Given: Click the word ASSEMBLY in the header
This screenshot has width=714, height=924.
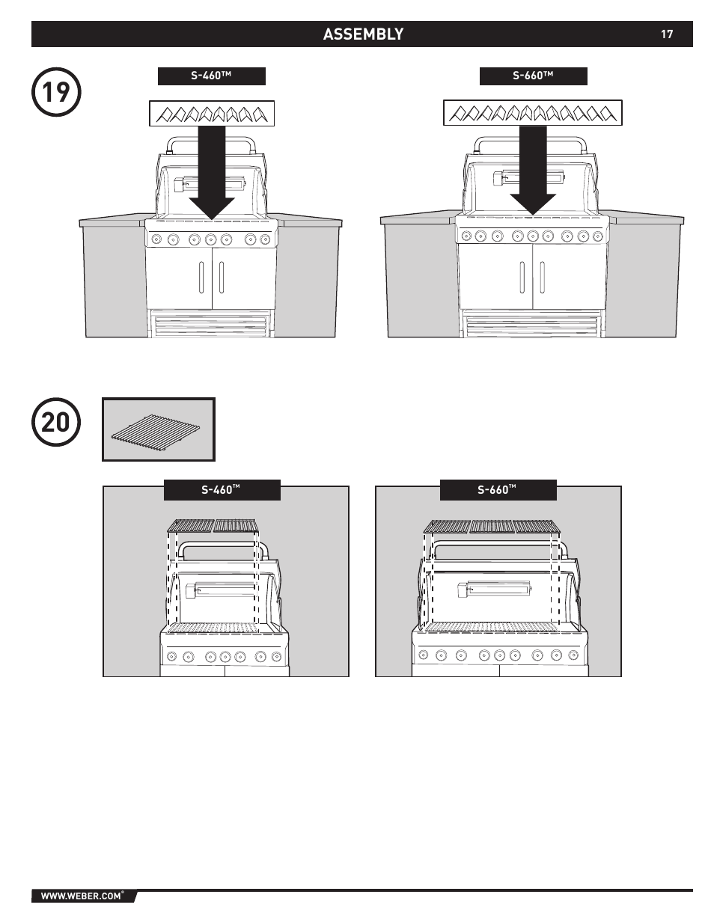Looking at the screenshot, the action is click(x=363, y=34).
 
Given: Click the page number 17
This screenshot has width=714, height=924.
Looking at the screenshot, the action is click(x=667, y=34).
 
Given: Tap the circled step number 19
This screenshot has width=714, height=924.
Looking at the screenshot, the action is click(x=56, y=92).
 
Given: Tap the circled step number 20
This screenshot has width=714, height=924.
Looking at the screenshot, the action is click(x=56, y=422).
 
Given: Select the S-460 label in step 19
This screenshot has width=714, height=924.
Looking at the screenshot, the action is click(x=212, y=76).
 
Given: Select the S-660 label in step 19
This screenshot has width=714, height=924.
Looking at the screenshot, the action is click(x=534, y=76).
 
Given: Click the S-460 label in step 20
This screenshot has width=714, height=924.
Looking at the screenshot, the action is click(x=222, y=490).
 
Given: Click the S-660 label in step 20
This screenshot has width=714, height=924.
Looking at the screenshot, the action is click(x=498, y=490).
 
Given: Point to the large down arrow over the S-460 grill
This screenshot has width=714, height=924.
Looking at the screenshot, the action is click(x=212, y=173).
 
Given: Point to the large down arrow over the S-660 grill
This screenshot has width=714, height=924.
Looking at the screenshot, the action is click(x=533, y=171).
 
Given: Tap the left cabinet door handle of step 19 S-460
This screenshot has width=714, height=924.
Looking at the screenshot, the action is click(x=201, y=278).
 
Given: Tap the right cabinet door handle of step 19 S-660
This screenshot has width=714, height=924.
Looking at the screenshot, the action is click(x=542, y=278).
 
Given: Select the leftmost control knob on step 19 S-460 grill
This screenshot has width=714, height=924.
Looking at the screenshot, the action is click(x=156, y=239).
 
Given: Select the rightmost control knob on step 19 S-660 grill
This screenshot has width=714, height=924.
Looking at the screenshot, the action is click(x=597, y=236).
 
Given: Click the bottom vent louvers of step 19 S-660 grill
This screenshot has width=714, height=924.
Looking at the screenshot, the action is click(x=533, y=325).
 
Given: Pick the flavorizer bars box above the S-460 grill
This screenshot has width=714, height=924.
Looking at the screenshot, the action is click(x=212, y=114).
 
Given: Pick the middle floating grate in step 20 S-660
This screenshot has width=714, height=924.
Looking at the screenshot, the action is click(x=492, y=527).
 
